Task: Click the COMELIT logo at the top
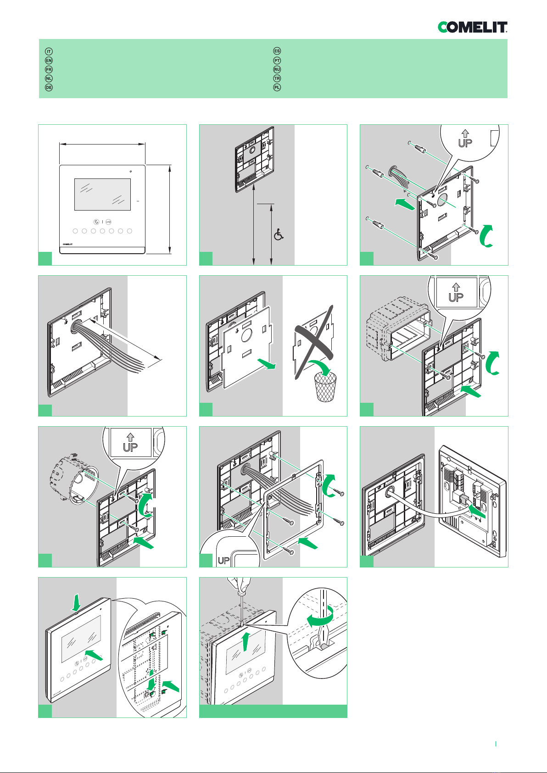[x=472, y=27]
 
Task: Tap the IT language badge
[x=49, y=51]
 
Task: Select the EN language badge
[x=49, y=60]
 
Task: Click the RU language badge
[x=277, y=69]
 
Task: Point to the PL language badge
[x=277, y=87]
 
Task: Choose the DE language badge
[x=49, y=87]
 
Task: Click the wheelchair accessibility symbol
[x=279, y=235]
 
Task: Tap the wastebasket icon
[x=325, y=386]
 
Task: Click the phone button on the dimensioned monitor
[x=96, y=222]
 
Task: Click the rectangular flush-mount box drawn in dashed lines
[x=397, y=328]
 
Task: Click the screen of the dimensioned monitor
[x=102, y=194]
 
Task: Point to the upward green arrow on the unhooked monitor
[x=246, y=641]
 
